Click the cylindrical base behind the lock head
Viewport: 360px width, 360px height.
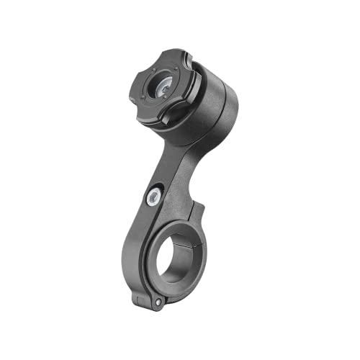point(216,108)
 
